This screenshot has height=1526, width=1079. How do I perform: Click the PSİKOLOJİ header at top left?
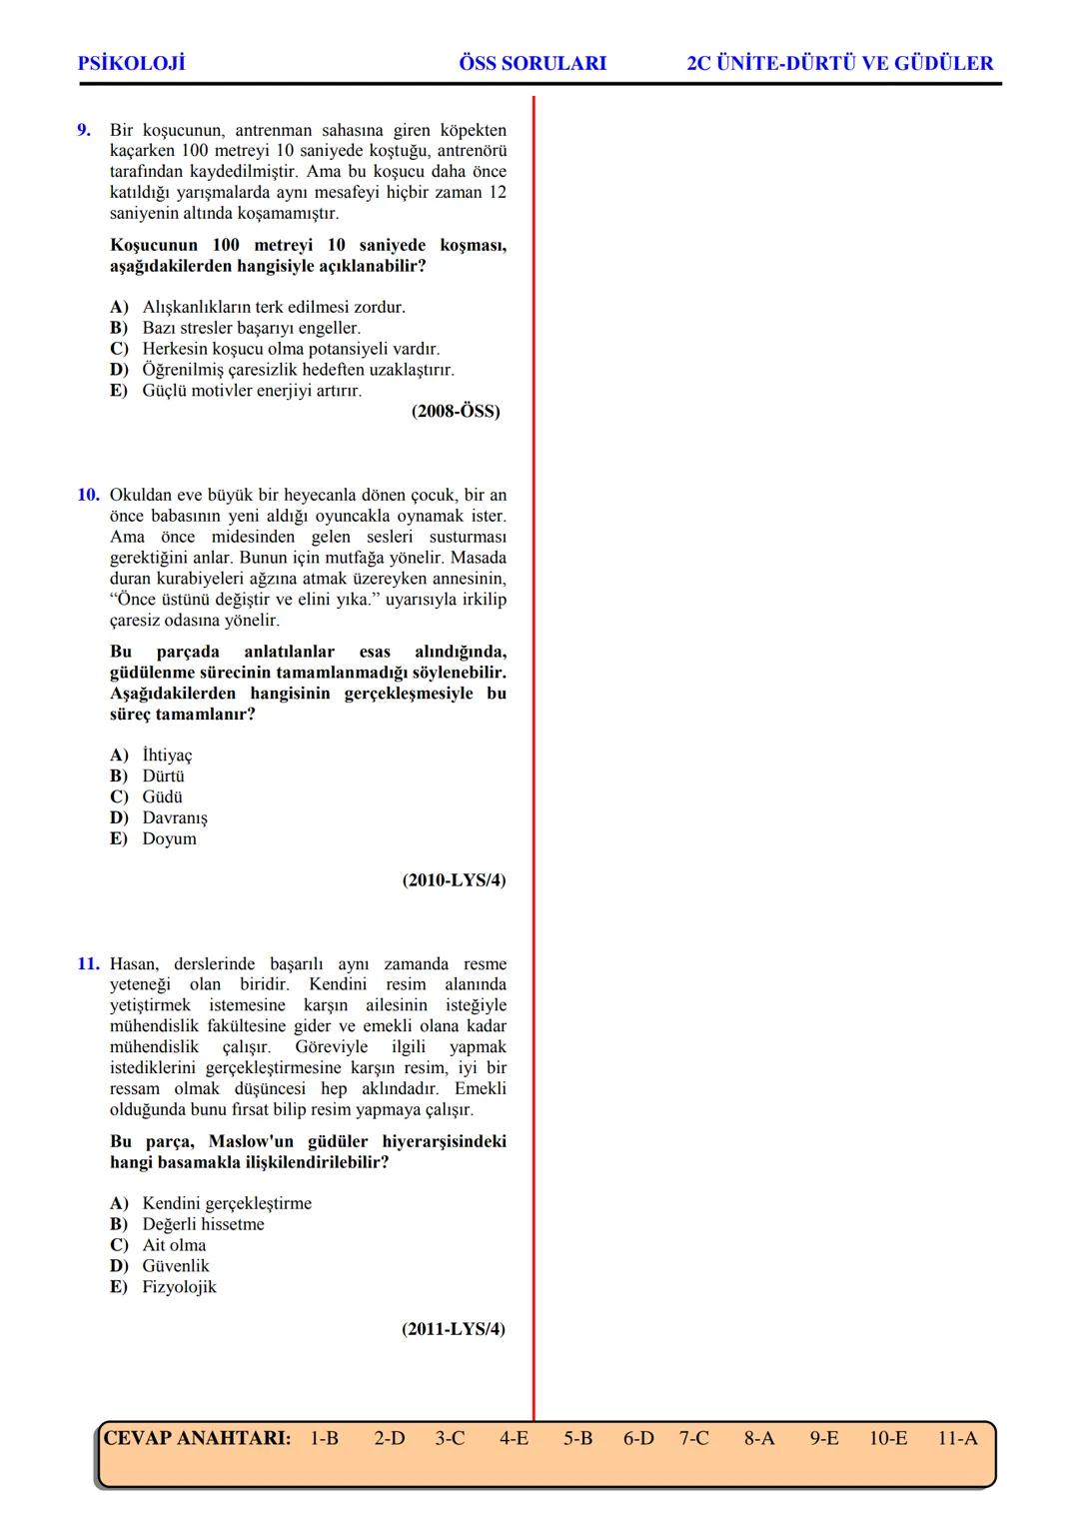pos(131,64)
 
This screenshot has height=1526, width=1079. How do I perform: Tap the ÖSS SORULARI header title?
pos(533,64)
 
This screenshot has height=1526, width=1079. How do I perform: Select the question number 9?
pos(85,130)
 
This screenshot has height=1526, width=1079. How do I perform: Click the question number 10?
pos(88,495)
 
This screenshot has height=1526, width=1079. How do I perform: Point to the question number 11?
pos(88,964)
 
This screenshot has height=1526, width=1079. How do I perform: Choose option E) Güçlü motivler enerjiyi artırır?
pos(236,391)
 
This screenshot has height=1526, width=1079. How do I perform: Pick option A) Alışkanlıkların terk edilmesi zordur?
pos(258,307)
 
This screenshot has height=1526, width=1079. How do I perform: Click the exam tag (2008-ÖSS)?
pos(456,412)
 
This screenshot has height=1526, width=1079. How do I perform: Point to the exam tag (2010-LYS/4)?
pos(454,880)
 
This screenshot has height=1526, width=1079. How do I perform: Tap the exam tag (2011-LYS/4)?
pos(454,1329)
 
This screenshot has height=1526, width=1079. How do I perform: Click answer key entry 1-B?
pos(324,1438)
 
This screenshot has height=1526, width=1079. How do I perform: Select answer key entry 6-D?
pos(638,1438)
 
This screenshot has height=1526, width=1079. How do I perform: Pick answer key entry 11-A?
pos(957,1438)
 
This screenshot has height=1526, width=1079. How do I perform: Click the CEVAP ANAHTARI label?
pos(197,1438)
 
